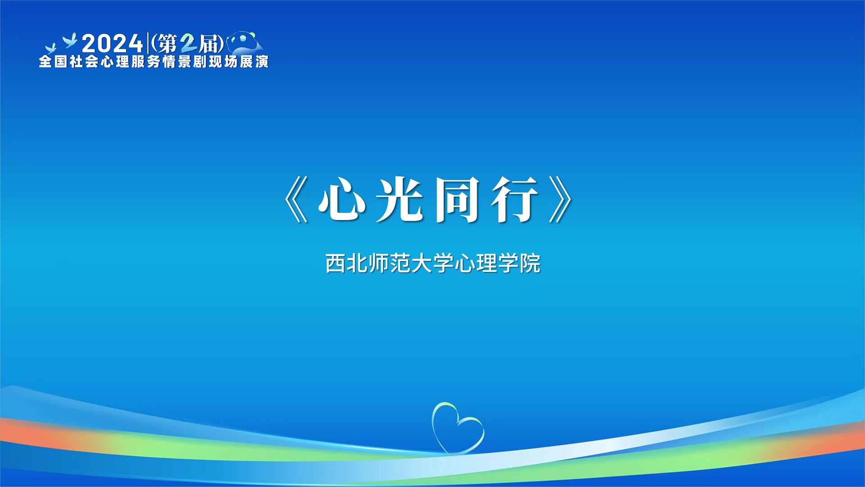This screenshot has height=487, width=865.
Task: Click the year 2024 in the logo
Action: tap(112, 44)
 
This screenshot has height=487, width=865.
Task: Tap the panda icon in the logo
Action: tap(245, 42)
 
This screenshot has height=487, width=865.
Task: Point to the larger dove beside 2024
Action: tap(70, 41)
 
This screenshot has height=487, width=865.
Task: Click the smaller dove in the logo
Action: tap(50, 48)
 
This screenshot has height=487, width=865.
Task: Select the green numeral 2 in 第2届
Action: tap(189, 44)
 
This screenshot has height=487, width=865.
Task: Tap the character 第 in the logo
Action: tap(167, 44)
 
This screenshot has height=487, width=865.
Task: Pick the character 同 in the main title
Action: tap(456, 199)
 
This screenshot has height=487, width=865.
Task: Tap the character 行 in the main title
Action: tap(514, 199)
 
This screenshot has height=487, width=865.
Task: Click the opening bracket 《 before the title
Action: tap(296, 199)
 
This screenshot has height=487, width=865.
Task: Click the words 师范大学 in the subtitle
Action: tap(411, 263)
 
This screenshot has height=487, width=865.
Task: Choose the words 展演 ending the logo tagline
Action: tap(254, 61)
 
